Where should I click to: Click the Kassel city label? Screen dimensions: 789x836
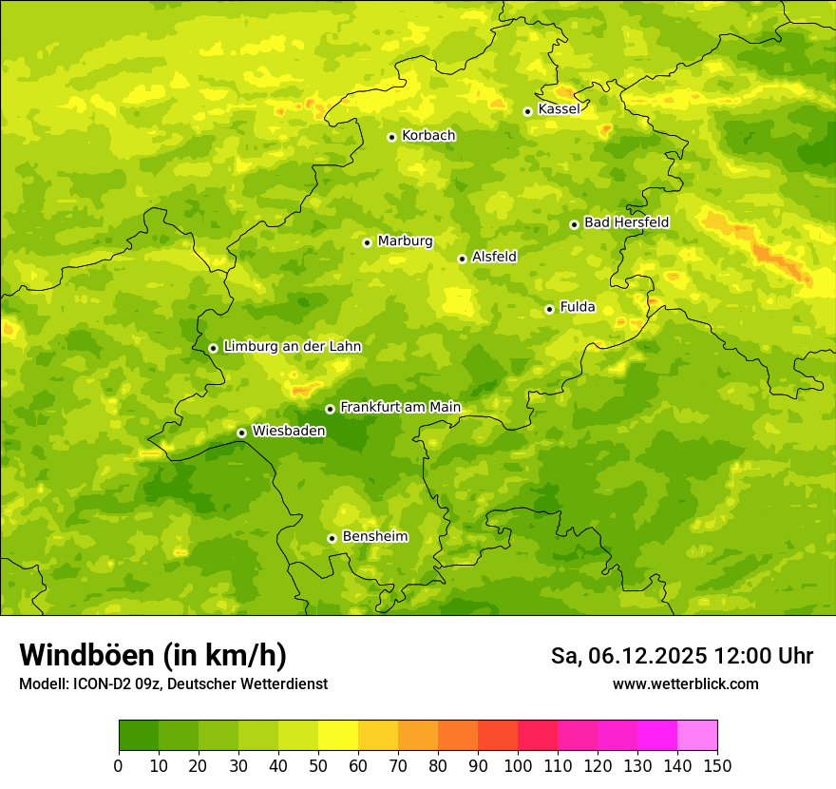(x=559, y=109)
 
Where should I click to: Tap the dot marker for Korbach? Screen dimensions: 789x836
(x=391, y=137)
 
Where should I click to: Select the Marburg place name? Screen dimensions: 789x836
(x=405, y=241)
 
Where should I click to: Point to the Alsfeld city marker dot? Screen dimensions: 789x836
(x=462, y=259)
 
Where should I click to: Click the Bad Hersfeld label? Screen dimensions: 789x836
(x=626, y=222)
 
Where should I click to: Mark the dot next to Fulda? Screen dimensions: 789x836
(x=549, y=309)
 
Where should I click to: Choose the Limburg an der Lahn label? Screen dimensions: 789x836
(x=292, y=347)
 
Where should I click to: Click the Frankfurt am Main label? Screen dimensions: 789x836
(x=400, y=408)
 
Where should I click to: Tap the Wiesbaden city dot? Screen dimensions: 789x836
(x=241, y=433)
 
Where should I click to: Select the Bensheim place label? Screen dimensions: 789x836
(x=374, y=537)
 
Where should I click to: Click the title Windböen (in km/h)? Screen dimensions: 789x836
(x=152, y=655)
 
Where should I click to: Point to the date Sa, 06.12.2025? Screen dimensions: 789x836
(x=629, y=656)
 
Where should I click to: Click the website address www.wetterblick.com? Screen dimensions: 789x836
(x=685, y=683)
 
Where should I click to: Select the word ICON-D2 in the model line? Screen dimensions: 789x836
(x=103, y=683)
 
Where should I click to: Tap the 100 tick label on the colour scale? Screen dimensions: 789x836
(x=518, y=765)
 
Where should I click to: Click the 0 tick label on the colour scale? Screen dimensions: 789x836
(x=119, y=765)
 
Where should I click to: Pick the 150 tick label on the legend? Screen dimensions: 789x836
(x=717, y=765)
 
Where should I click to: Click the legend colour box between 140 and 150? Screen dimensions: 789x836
(x=697, y=736)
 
